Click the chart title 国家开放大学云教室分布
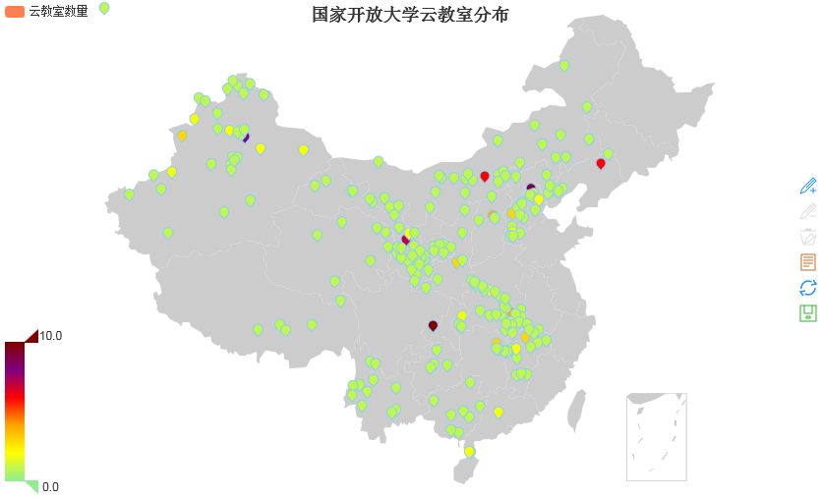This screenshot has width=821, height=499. (410, 15)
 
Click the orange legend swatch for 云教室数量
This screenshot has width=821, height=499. (14, 11)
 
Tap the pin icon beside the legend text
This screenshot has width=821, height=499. (104, 9)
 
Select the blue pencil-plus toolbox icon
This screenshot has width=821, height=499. (808, 186)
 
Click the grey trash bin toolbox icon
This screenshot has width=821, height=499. (808, 237)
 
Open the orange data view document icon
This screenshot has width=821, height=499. (808, 262)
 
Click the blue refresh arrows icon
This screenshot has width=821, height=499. (808, 288)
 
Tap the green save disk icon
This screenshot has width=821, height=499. (808, 313)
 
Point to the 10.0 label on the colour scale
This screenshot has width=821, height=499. (51, 336)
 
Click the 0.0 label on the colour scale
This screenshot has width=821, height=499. (51, 486)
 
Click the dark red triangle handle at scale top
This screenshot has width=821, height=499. (30, 336)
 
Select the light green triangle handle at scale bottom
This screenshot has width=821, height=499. (30, 486)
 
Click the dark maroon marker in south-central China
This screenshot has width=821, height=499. (433, 325)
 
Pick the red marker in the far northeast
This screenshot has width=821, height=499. (601, 164)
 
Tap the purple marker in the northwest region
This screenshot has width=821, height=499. (245, 136)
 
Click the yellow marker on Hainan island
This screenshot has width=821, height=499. (469, 452)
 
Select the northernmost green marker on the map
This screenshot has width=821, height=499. (564, 65)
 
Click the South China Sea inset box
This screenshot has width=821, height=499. (656, 437)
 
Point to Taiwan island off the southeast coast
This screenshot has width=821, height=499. (577, 411)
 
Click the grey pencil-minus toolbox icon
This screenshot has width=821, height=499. (808, 211)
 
